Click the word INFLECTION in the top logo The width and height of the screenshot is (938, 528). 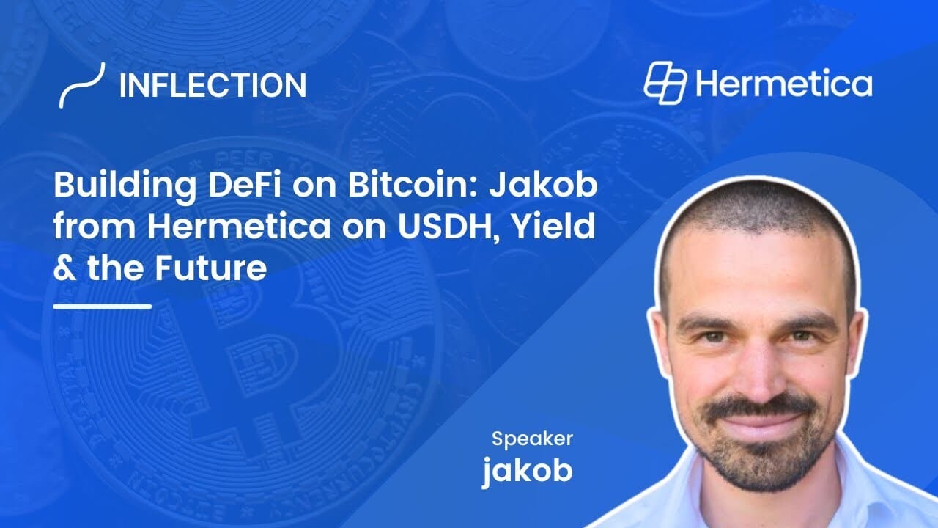[213, 85]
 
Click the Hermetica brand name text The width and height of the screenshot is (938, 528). [784, 83]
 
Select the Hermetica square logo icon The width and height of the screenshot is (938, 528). [665, 83]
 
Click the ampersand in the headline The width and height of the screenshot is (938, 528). [65, 268]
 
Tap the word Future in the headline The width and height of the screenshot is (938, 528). [210, 268]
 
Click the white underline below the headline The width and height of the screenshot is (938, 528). [102, 307]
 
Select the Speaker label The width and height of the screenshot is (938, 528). [532, 439]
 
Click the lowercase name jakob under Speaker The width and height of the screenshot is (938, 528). [527, 470]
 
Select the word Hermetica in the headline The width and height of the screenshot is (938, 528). [239, 227]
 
